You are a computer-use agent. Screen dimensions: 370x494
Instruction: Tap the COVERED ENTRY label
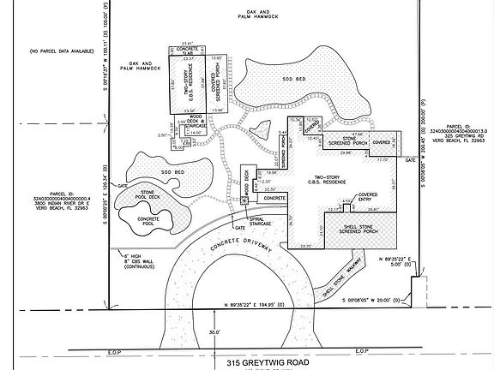click(367, 198)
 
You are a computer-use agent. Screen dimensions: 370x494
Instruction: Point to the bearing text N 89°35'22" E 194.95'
click(262, 305)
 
